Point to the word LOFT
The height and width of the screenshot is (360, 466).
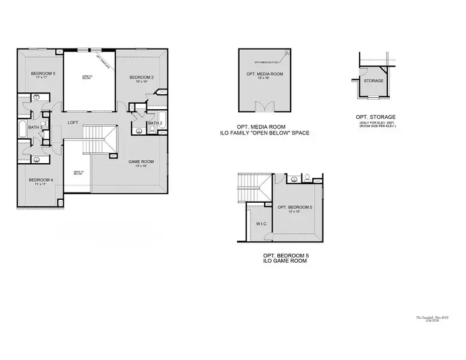[x=73, y=122]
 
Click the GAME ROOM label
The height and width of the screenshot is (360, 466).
[x=141, y=161]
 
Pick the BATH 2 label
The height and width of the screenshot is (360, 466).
[x=154, y=123]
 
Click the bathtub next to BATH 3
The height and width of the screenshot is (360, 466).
[x=22, y=128]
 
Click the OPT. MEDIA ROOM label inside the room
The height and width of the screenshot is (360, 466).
[x=264, y=73]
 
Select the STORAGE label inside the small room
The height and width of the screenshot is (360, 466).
[x=375, y=80]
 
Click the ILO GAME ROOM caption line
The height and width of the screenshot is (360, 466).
[x=285, y=262]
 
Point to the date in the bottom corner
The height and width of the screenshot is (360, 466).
[x=443, y=322]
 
